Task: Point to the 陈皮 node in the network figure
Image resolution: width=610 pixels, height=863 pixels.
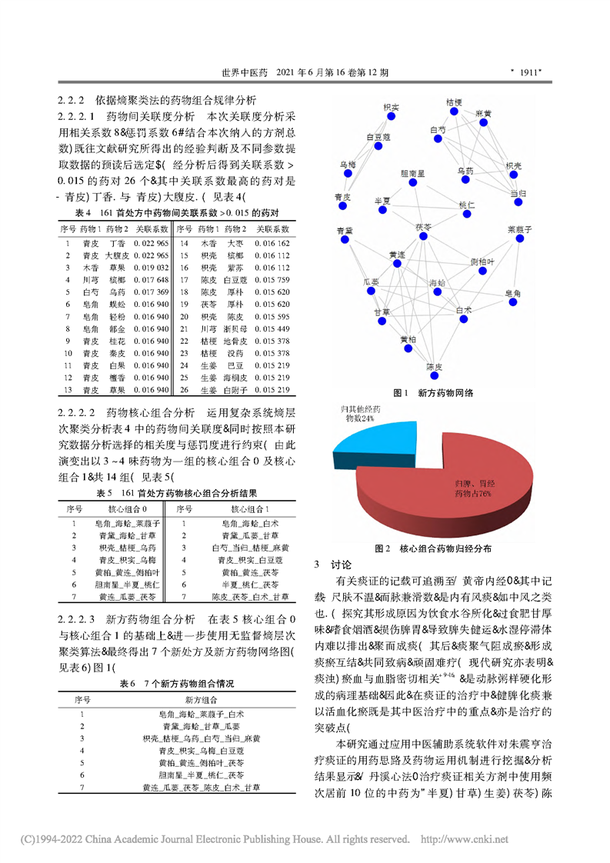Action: (435, 377)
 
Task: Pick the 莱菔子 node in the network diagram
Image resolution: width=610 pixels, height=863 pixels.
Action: (522, 240)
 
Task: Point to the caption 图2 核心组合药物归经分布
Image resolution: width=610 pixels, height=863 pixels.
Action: (432, 549)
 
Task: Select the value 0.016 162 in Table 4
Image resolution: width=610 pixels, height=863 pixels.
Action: (272, 242)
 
